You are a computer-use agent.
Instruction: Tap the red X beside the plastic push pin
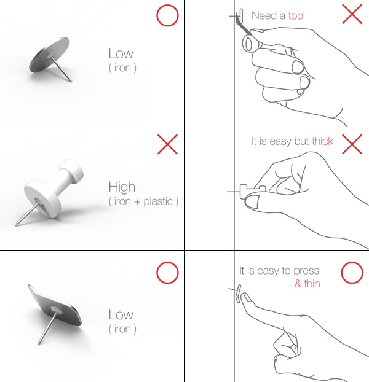[x=167, y=144]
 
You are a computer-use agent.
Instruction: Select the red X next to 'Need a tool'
[x=352, y=14]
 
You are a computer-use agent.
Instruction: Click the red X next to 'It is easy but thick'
[x=352, y=144]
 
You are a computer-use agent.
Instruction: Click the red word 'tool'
[x=296, y=15]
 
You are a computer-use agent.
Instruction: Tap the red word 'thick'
[x=322, y=141]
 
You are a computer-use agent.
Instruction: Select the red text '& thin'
[x=307, y=284]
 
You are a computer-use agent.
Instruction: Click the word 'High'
[x=122, y=187]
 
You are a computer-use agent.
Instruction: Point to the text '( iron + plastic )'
[x=143, y=201]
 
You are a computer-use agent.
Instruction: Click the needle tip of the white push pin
[x=16, y=225]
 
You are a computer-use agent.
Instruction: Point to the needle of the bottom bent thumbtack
[x=47, y=328]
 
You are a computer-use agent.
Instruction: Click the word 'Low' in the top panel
[x=121, y=53]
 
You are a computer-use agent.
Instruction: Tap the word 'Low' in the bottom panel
[x=121, y=314]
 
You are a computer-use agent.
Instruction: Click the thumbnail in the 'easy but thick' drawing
[x=252, y=201]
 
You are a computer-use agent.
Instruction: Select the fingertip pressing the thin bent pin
[x=245, y=298]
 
